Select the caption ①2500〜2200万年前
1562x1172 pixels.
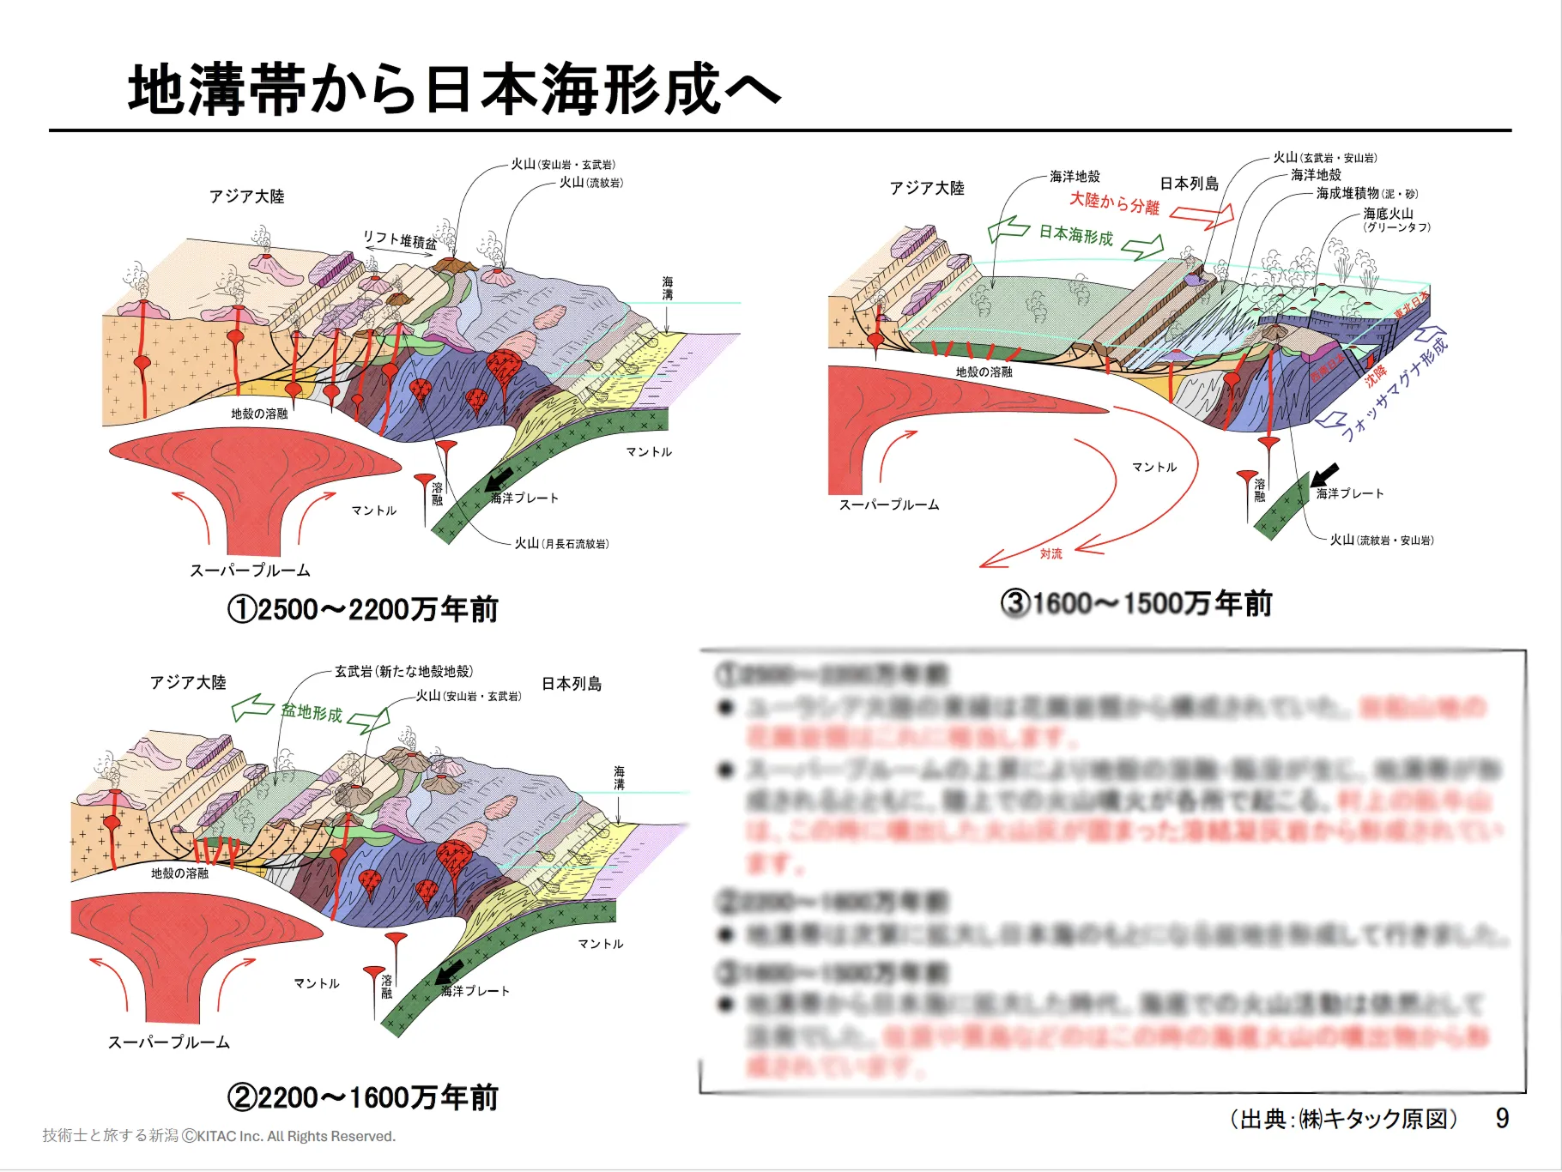click(x=362, y=609)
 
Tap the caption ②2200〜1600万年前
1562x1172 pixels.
click(x=362, y=1097)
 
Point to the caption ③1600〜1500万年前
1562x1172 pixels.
click(x=1136, y=603)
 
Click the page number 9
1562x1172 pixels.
click(x=1501, y=1118)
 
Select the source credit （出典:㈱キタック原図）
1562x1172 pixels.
click(x=1343, y=1119)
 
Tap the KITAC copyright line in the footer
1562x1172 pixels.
click(x=219, y=1136)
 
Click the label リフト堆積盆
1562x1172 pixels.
click(x=399, y=239)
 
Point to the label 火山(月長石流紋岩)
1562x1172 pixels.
click(x=561, y=543)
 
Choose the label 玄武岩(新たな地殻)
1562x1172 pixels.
click(x=403, y=671)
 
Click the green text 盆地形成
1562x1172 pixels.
click(x=312, y=712)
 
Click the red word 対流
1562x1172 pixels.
click(x=1050, y=553)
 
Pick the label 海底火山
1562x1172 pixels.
click(x=1388, y=214)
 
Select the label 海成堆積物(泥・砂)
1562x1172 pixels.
click(x=1366, y=194)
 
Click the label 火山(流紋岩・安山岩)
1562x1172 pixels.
click(x=1381, y=540)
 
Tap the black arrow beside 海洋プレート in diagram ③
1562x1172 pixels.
click(x=1324, y=474)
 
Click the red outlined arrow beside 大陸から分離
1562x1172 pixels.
click(x=1202, y=217)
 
